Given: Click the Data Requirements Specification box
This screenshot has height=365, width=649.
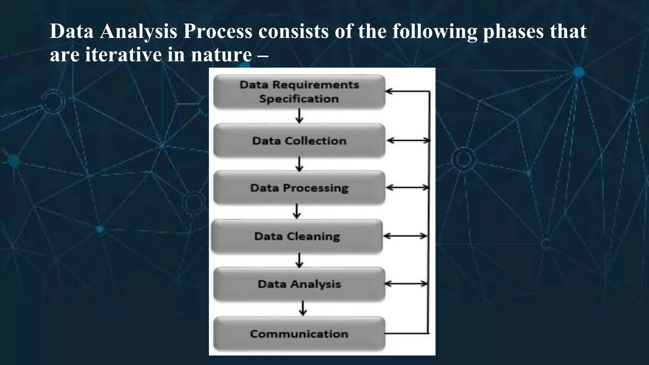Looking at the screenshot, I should [x=299, y=92].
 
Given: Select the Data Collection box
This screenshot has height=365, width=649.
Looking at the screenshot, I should [x=299, y=141].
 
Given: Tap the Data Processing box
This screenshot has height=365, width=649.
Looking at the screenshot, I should [x=299, y=188].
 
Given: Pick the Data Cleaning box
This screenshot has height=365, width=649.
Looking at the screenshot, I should [x=297, y=236].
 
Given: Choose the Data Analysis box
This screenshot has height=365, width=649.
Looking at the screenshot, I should [x=299, y=284].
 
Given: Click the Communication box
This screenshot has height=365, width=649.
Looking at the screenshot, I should [x=299, y=334].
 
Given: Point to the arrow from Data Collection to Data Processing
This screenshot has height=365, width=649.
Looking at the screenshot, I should [x=299, y=164].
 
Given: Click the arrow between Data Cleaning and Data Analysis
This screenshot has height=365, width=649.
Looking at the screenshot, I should [x=299, y=260].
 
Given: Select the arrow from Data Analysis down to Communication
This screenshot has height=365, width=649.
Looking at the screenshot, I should [x=303, y=308].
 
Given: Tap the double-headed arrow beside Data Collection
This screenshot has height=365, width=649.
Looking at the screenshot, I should [x=408, y=140].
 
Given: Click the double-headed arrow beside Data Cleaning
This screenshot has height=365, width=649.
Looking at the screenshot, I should [x=405, y=236].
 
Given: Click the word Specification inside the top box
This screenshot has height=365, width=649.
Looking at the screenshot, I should [x=299, y=99].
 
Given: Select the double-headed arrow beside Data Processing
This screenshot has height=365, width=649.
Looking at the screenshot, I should [x=408, y=188].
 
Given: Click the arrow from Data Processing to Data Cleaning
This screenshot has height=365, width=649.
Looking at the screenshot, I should [x=297, y=211].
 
